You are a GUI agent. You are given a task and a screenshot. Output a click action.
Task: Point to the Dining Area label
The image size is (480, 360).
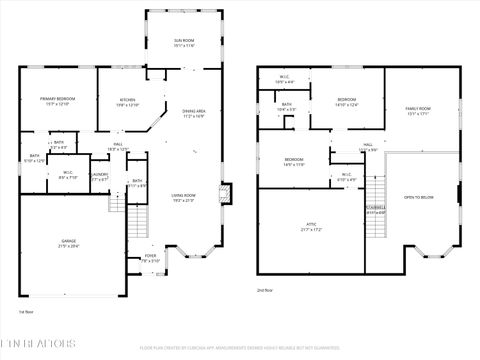[x=194, y=113]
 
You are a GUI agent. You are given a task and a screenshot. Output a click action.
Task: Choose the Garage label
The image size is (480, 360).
[x=68, y=243]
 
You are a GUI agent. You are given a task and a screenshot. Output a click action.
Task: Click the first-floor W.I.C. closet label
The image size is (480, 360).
[x=67, y=173]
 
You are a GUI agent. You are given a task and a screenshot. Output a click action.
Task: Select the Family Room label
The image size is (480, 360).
[x=417, y=110]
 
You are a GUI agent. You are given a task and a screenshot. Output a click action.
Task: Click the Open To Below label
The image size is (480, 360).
[x=418, y=198]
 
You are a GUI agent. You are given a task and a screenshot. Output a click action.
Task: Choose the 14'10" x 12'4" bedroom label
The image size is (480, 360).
[x=346, y=102]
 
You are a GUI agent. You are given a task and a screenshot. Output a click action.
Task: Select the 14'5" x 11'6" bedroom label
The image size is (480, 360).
[x=293, y=162]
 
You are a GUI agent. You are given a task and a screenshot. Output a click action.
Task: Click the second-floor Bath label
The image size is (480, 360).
[x=286, y=106]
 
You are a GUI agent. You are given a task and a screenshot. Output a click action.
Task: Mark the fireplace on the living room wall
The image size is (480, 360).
[x=226, y=191]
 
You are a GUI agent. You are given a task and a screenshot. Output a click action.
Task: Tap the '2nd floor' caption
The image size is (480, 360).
[x=265, y=289]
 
